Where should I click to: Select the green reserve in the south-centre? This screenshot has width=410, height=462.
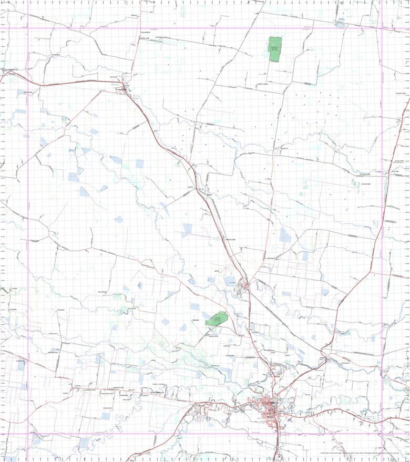coord(217,319)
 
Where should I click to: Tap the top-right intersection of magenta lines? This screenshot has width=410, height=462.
coord(382,28)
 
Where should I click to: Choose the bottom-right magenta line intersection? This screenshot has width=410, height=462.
coord(382,434)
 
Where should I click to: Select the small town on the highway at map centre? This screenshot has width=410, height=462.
coord(245,285)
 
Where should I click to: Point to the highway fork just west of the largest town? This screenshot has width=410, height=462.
coord(196,405)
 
